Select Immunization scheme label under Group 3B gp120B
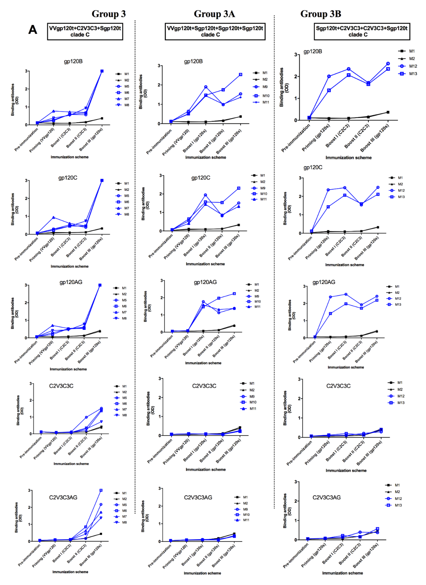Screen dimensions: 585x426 348,158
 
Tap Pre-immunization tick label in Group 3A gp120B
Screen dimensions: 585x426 159,142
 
